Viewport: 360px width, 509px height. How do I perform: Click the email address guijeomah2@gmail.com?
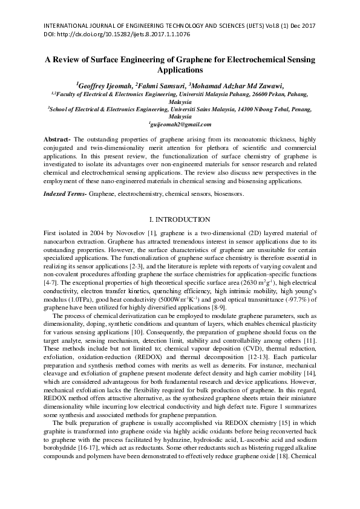180,124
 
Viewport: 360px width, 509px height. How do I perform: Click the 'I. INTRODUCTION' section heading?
180,219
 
